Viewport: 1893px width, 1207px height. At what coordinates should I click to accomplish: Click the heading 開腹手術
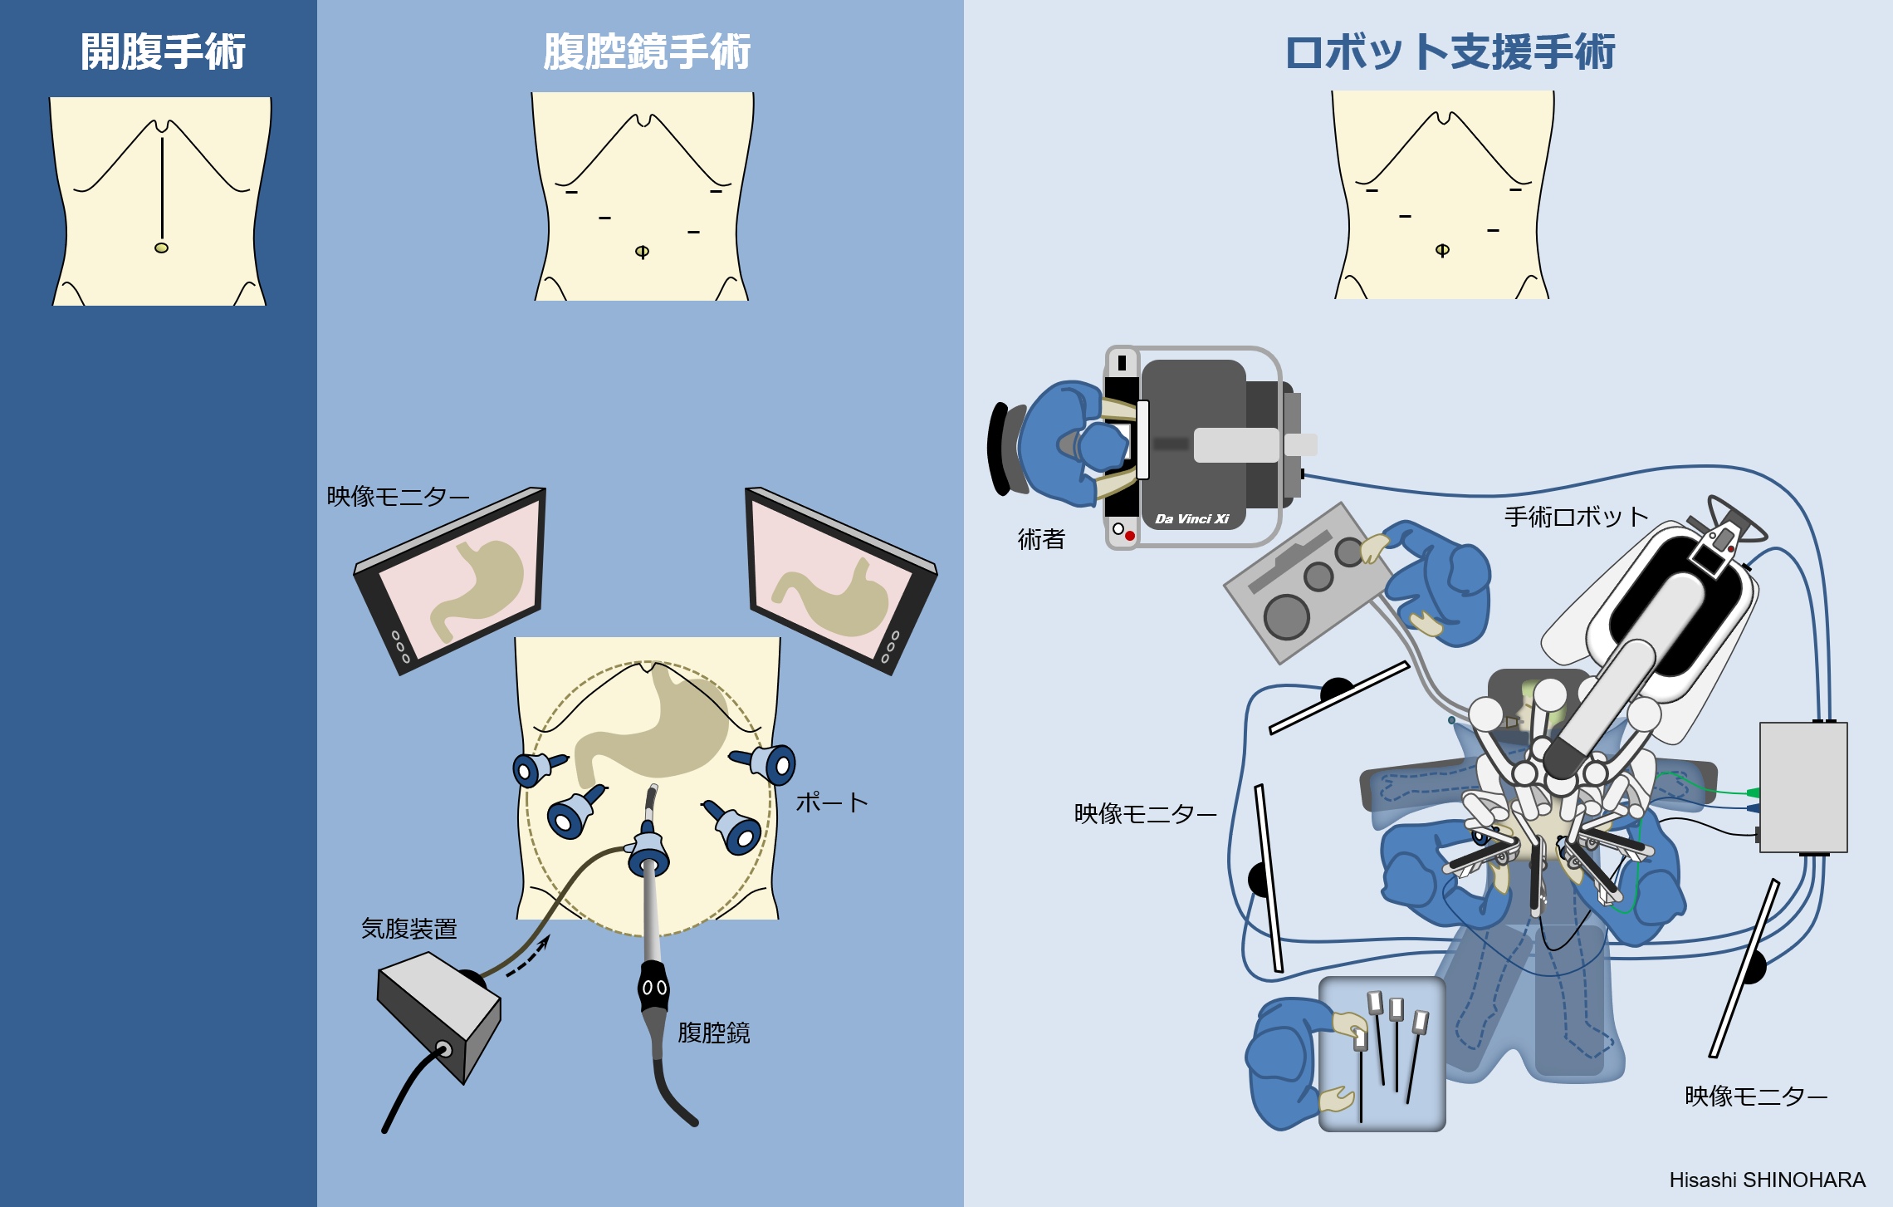163,52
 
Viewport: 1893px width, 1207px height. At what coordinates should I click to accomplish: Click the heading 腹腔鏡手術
647,52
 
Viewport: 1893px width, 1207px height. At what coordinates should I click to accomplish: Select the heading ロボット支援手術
1450,52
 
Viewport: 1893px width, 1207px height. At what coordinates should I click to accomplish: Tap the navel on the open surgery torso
161,248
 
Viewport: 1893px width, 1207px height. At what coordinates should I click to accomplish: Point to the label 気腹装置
408,929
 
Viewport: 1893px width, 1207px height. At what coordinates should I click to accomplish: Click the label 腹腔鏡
713,1033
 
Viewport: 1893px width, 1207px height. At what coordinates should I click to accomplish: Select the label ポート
831,802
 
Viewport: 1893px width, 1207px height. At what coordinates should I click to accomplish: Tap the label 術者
1041,540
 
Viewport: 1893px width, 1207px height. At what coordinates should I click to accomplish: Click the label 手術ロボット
1575,517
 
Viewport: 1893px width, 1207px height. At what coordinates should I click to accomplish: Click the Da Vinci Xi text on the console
1191,519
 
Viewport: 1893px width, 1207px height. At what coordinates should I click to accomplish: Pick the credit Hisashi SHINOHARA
1767,1180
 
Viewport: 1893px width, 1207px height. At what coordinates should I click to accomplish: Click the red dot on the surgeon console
1130,536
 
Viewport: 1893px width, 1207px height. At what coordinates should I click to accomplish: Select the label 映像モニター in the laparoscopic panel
398,497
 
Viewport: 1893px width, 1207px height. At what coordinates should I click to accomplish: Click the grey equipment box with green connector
1803,787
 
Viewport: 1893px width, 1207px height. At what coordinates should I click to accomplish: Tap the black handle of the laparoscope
653,987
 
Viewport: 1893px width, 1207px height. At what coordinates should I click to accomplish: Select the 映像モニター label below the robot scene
1755,1097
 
